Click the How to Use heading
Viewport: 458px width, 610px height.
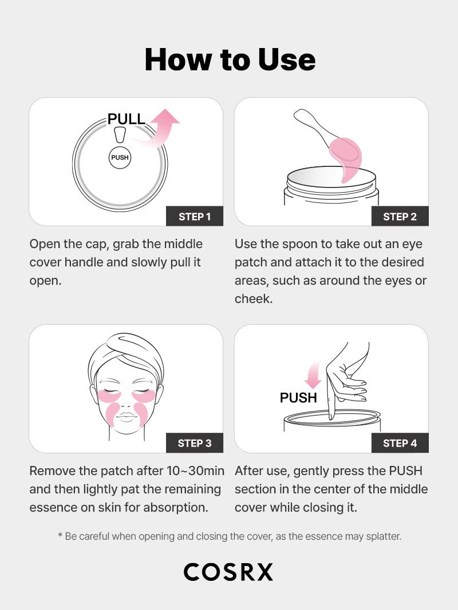[230, 59]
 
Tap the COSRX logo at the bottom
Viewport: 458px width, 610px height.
[228, 572]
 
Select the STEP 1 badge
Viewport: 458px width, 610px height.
[195, 216]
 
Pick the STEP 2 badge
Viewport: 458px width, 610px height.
[400, 216]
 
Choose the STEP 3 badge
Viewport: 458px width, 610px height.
[195, 443]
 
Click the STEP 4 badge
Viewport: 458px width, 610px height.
[400, 443]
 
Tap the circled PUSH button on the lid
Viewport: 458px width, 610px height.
[120, 158]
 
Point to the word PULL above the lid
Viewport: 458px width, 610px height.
[126, 119]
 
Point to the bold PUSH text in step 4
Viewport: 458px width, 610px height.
[298, 398]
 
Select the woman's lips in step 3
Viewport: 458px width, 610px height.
[127, 417]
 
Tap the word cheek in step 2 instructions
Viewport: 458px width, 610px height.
[254, 299]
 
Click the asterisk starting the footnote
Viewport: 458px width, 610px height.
[60, 536]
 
